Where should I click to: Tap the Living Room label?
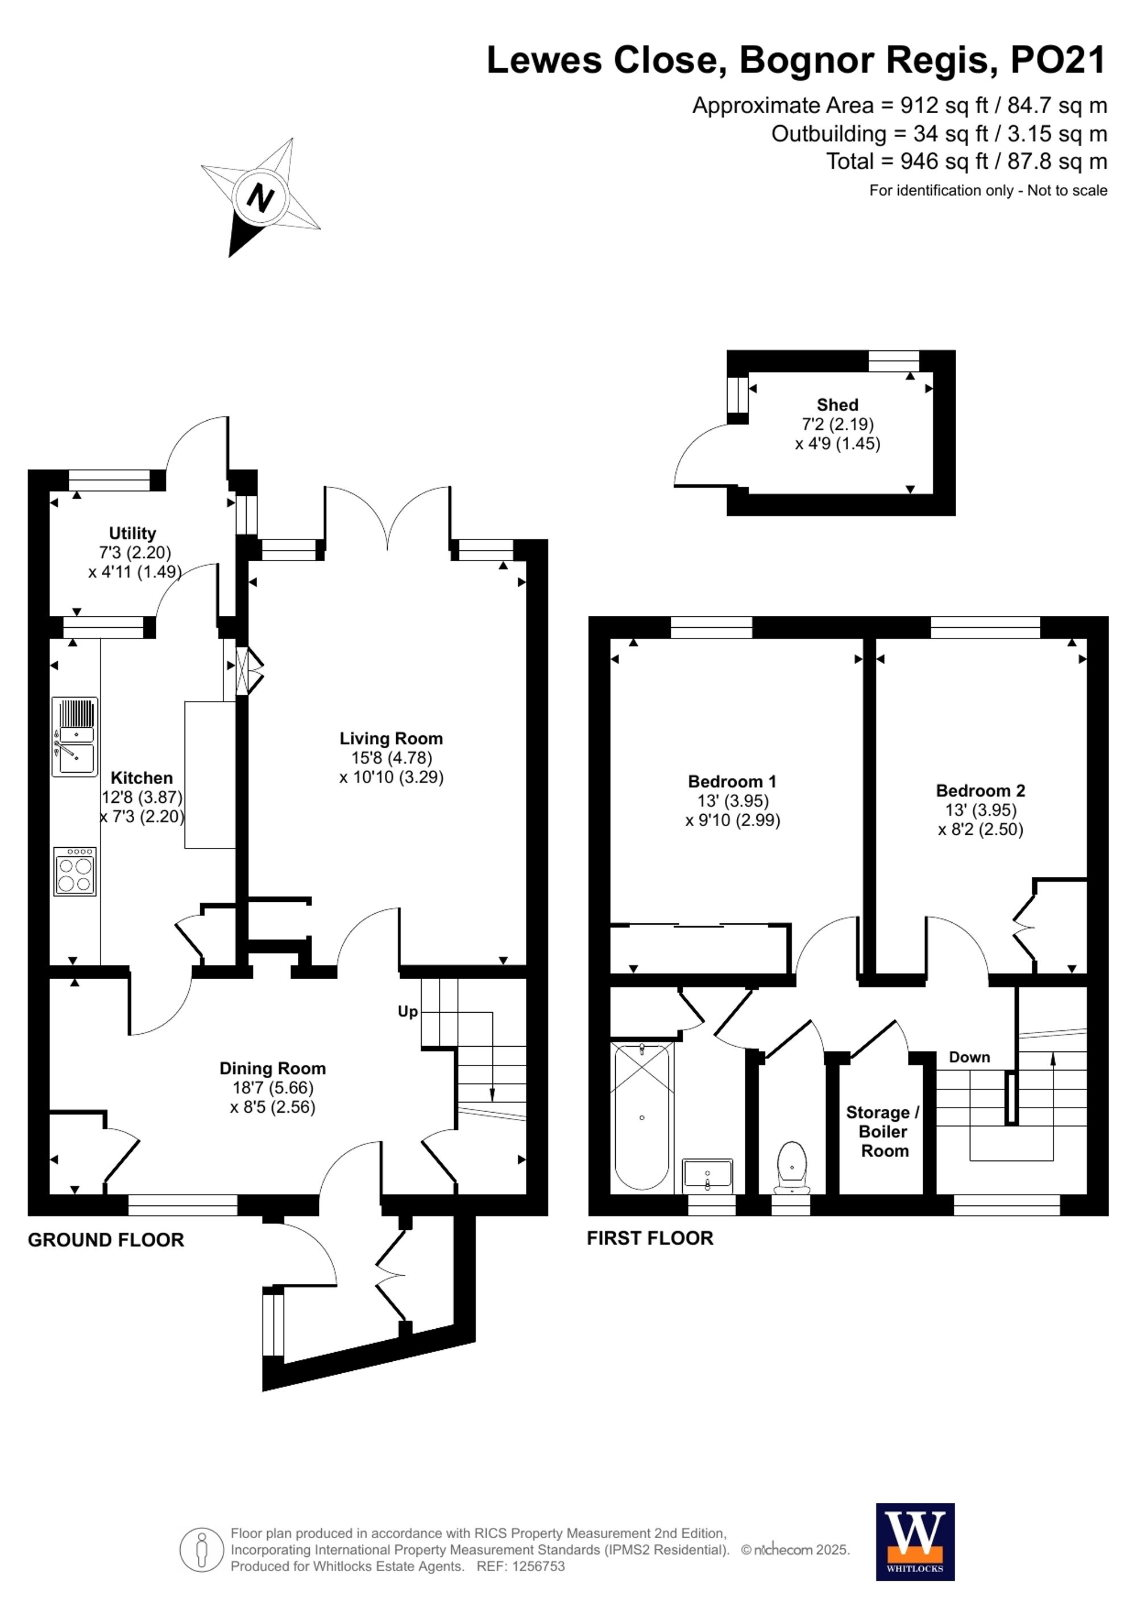[391, 738]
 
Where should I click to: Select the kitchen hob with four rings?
[75, 871]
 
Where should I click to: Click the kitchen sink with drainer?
[74, 737]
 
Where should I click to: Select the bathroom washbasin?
[707, 1175]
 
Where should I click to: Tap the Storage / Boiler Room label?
[883, 1131]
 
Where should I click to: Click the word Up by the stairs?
[408, 1012]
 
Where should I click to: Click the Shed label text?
[837, 405]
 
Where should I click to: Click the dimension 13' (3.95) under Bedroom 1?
[732, 801]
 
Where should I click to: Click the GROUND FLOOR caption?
[106, 1240]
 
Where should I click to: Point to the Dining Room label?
[272, 1068]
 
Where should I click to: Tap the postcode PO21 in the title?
[1058, 60]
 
